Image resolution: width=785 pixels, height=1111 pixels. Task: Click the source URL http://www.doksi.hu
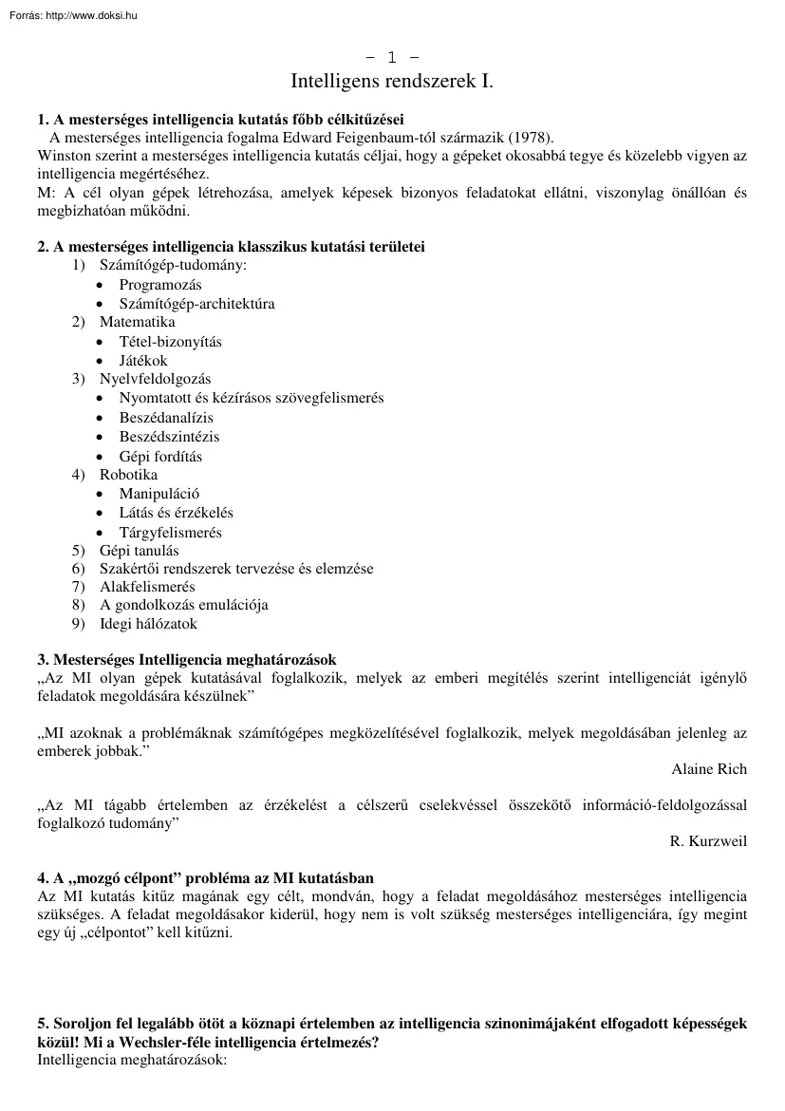(x=91, y=15)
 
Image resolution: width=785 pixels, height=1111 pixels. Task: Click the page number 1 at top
(x=392, y=59)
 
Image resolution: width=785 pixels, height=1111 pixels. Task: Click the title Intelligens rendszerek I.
(x=392, y=83)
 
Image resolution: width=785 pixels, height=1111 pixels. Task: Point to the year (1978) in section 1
(x=533, y=137)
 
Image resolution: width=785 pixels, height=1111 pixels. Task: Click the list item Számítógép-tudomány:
(x=173, y=265)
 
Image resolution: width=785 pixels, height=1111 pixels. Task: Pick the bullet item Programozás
(x=160, y=284)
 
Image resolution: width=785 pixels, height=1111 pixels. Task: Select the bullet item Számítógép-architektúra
(x=196, y=304)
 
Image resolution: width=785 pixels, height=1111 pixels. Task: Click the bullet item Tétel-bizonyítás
(x=170, y=341)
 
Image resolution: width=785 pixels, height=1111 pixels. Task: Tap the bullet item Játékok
(x=143, y=361)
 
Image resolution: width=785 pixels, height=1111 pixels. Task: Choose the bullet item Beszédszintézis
(x=169, y=437)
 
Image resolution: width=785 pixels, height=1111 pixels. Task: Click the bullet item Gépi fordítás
(x=160, y=456)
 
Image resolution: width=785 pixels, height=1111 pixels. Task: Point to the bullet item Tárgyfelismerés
(x=170, y=533)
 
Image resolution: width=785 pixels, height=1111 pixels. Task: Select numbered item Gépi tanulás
(x=139, y=551)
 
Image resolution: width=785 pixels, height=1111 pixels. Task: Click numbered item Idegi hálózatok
(x=148, y=624)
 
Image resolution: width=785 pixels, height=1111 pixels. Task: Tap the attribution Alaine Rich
(x=708, y=769)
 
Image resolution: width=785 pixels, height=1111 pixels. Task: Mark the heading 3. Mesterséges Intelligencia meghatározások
(x=186, y=659)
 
